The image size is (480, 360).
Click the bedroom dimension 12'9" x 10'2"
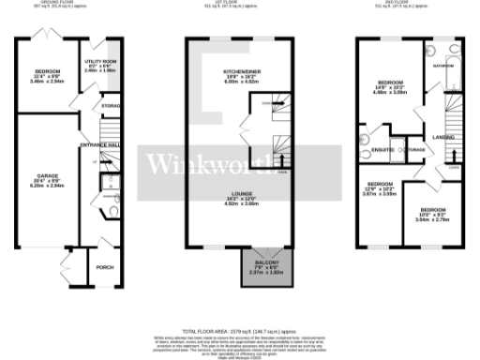click(379, 188)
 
